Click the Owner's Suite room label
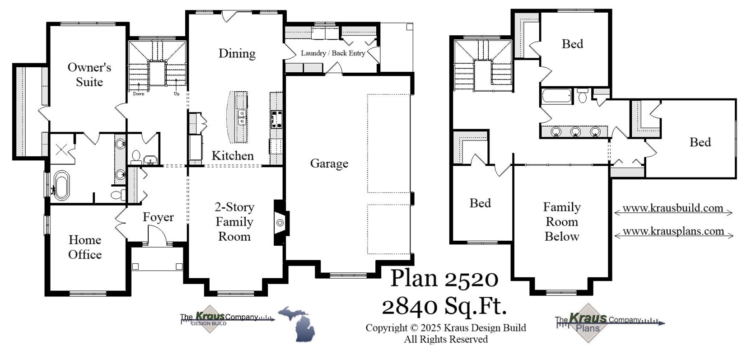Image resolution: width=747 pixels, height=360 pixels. click(x=89, y=75)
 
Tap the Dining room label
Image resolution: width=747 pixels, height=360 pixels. click(x=237, y=53)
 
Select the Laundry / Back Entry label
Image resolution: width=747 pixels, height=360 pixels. click(x=333, y=53)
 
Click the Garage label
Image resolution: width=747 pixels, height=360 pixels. click(x=329, y=164)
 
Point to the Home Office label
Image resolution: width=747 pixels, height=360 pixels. click(x=85, y=247)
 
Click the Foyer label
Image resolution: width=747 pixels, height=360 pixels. click(x=158, y=217)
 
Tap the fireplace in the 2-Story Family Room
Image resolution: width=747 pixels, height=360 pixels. click(x=280, y=223)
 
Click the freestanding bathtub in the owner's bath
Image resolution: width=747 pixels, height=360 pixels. click(x=61, y=185)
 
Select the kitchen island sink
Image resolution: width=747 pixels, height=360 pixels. click(x=242, y=117)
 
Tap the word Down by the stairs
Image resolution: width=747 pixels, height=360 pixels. click(x=139, y=94)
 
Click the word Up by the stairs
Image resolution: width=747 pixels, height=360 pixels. click(x=177, y=94)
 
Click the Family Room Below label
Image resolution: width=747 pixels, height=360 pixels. click(x=561, y=222)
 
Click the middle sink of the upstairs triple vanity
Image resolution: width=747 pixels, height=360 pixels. click(x=575, y=131)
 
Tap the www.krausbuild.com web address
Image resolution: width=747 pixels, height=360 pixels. click(x=672, y=208)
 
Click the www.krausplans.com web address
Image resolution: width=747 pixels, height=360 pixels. click(x=673, y=231)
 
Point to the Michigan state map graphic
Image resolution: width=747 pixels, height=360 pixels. click(x=297, y=323)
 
